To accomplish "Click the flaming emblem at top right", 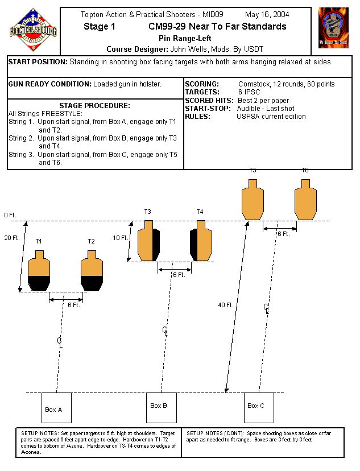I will (x=333, y=27).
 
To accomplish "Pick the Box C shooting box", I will (x=259, y=407).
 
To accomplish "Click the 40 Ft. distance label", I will (x=226, y=305).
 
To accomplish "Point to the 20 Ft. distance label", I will (x=11, y=238).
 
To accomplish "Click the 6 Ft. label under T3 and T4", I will (x=179, y=275).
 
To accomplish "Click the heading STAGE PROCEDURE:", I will (x=94, y=105).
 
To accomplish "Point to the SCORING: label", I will (x=202, y=84).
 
